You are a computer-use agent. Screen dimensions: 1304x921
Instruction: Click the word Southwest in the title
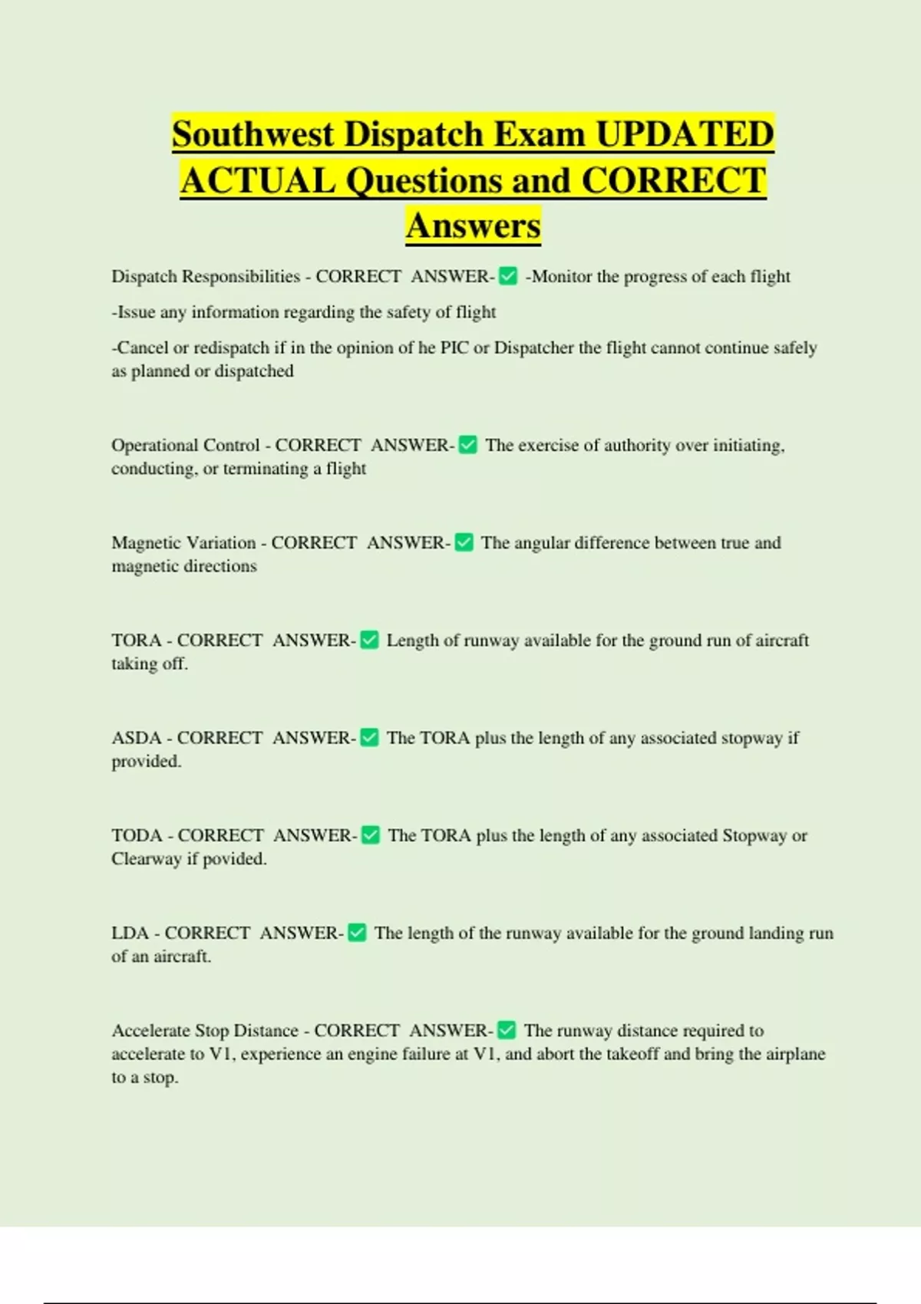253,134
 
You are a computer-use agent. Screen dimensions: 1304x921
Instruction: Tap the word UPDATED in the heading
685,134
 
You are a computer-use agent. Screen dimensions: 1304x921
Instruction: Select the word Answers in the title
473,226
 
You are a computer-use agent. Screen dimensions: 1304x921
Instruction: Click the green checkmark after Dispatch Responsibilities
508,276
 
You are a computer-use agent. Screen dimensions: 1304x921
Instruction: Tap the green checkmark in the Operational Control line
467,445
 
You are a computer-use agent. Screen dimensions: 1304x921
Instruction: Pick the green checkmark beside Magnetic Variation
464,542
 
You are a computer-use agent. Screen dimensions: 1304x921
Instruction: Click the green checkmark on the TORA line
369,640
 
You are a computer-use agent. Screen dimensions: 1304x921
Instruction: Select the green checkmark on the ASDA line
369,737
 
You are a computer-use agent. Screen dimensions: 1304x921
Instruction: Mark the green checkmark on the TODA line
370,835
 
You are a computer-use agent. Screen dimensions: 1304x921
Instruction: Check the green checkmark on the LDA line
357,933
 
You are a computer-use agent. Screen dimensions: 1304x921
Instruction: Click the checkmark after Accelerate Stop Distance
507,1030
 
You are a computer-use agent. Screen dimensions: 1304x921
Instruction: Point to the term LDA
130,933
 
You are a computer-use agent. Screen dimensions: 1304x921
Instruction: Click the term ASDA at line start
133,737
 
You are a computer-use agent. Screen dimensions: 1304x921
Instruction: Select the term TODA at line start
134,835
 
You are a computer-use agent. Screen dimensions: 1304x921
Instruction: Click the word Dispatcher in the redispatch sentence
534,347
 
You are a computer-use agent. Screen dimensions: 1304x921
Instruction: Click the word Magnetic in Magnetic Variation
145,542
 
